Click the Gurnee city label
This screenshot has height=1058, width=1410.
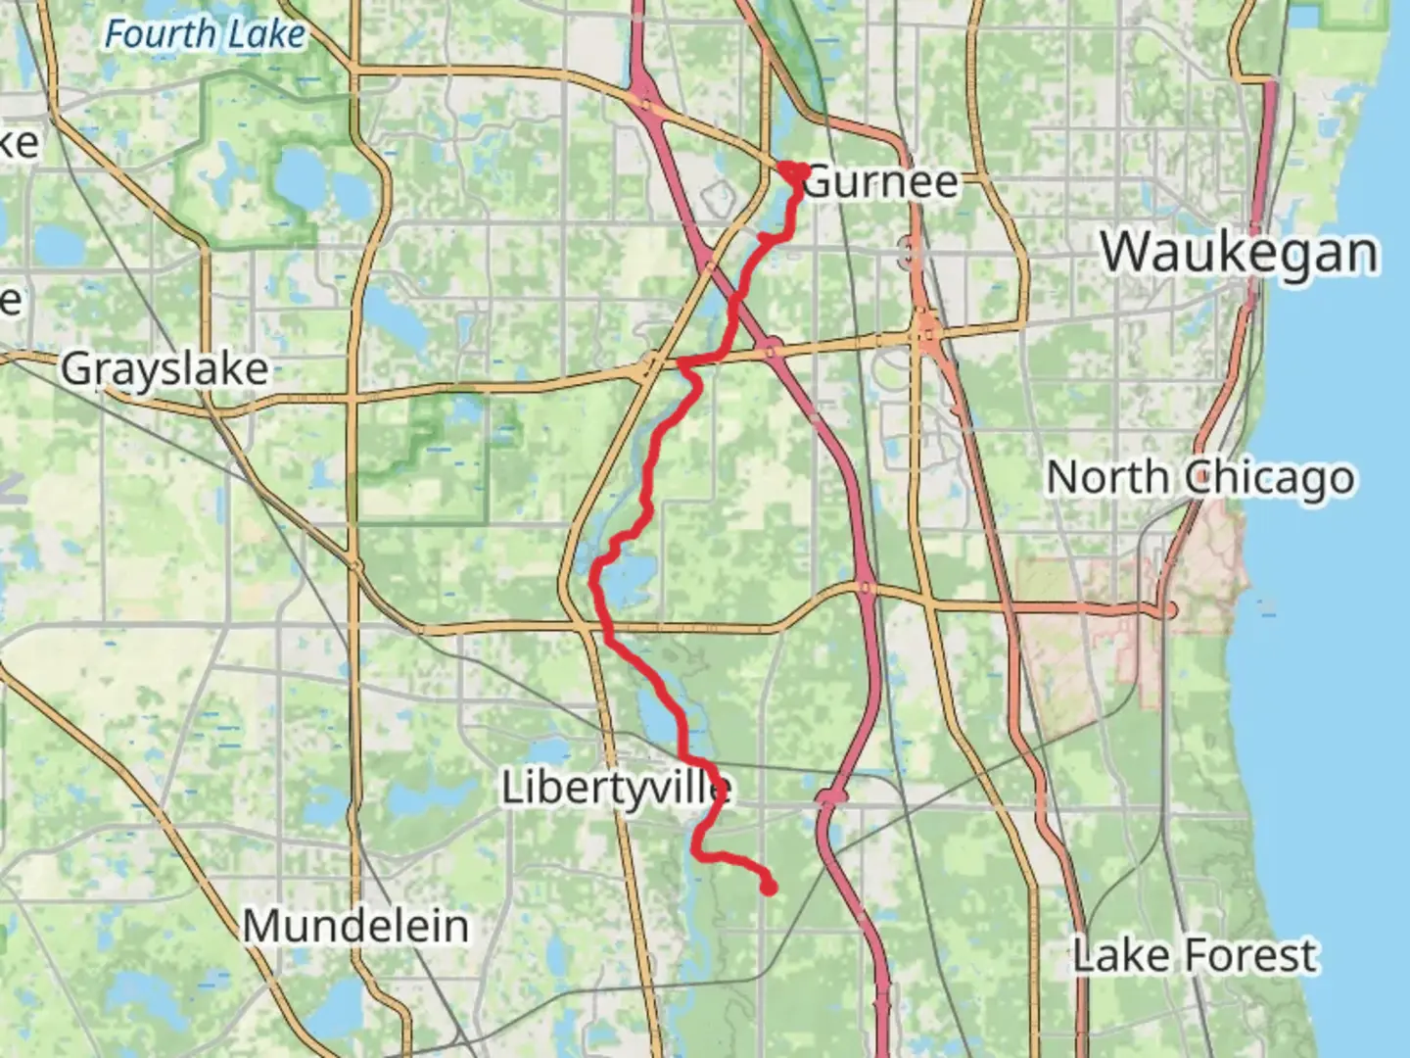pyautogui.click(x=880, y=182)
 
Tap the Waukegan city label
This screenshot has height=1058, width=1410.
pyautogui.click(x=1240, y=253)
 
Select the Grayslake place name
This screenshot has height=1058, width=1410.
pyautogui.click(x=164, y=369)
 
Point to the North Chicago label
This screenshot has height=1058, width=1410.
pyautogui.click(x=1200, y=478)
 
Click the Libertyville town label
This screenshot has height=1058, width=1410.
pyautogui.click(x=616, y=788)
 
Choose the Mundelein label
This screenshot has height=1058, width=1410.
pyautogui.click(x=355, y=926)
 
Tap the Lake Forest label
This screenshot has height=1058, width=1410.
pyautogui.click(x=1195, y=955)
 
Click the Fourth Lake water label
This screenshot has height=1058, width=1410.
pyautogui.click(x=205, y=35)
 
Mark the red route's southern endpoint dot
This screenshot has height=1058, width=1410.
pyautogui.click(x=769, y=888)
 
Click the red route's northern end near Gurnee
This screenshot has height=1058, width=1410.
pyautogui.click(x=791, y=170)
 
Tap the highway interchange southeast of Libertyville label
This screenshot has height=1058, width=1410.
pyautogui.click(x=830, y=800)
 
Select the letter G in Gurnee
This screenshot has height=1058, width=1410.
pyautogui.click(x=821, y=183)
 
